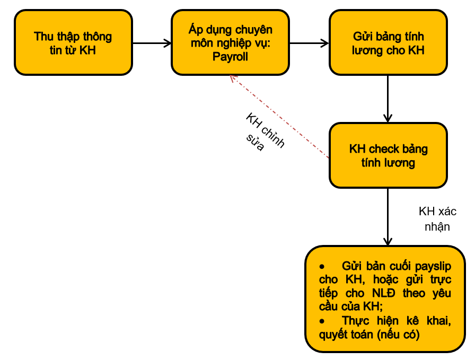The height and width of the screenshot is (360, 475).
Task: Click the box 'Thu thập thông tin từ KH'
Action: [73, 42]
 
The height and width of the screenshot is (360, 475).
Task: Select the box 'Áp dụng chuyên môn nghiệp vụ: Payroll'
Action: [230, 42]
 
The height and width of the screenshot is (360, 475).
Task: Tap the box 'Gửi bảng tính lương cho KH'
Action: [388, 42]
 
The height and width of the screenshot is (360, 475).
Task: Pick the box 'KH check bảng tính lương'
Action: [388, 155]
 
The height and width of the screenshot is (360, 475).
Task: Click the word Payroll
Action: [230, 57]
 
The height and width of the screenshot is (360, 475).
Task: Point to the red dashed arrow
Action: [279, 117]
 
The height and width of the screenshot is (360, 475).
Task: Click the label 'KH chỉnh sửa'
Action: [264, 132]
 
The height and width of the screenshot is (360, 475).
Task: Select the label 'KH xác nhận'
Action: [437, 219]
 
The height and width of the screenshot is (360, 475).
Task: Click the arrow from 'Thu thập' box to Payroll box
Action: [152, 43]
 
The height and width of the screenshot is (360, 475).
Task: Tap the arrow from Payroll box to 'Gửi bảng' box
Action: [309, 43]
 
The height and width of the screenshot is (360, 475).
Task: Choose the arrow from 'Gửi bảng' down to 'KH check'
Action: [388, 99]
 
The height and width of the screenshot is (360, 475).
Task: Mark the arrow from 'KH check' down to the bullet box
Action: [388, 217]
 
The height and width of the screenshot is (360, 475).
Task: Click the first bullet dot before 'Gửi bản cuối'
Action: [322, 267]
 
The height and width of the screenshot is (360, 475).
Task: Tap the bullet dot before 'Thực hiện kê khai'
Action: [322, 321]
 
